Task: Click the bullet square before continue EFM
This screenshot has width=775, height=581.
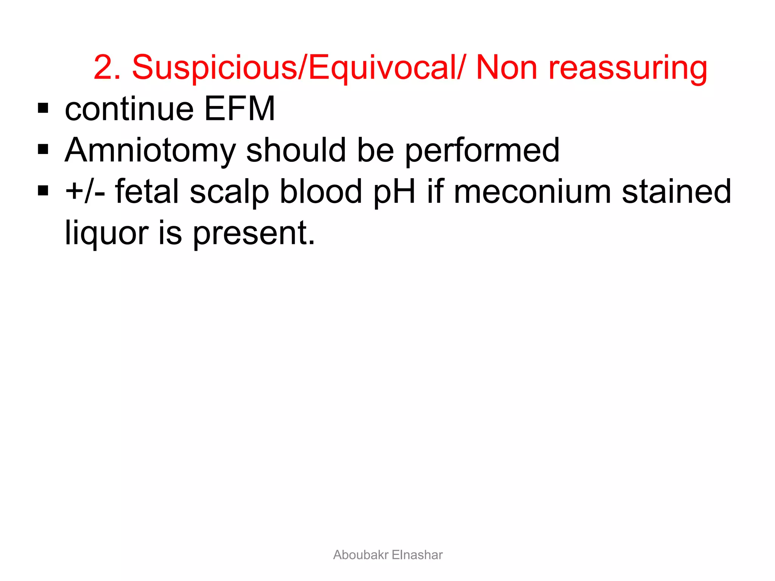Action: point(43,109)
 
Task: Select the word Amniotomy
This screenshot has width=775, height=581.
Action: point(150,151)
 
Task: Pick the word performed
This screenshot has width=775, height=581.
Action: point(482,151)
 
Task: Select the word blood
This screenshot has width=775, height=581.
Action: point(321,191)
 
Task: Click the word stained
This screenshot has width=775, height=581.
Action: point(677,191)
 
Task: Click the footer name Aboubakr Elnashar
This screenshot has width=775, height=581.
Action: point(388,555)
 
